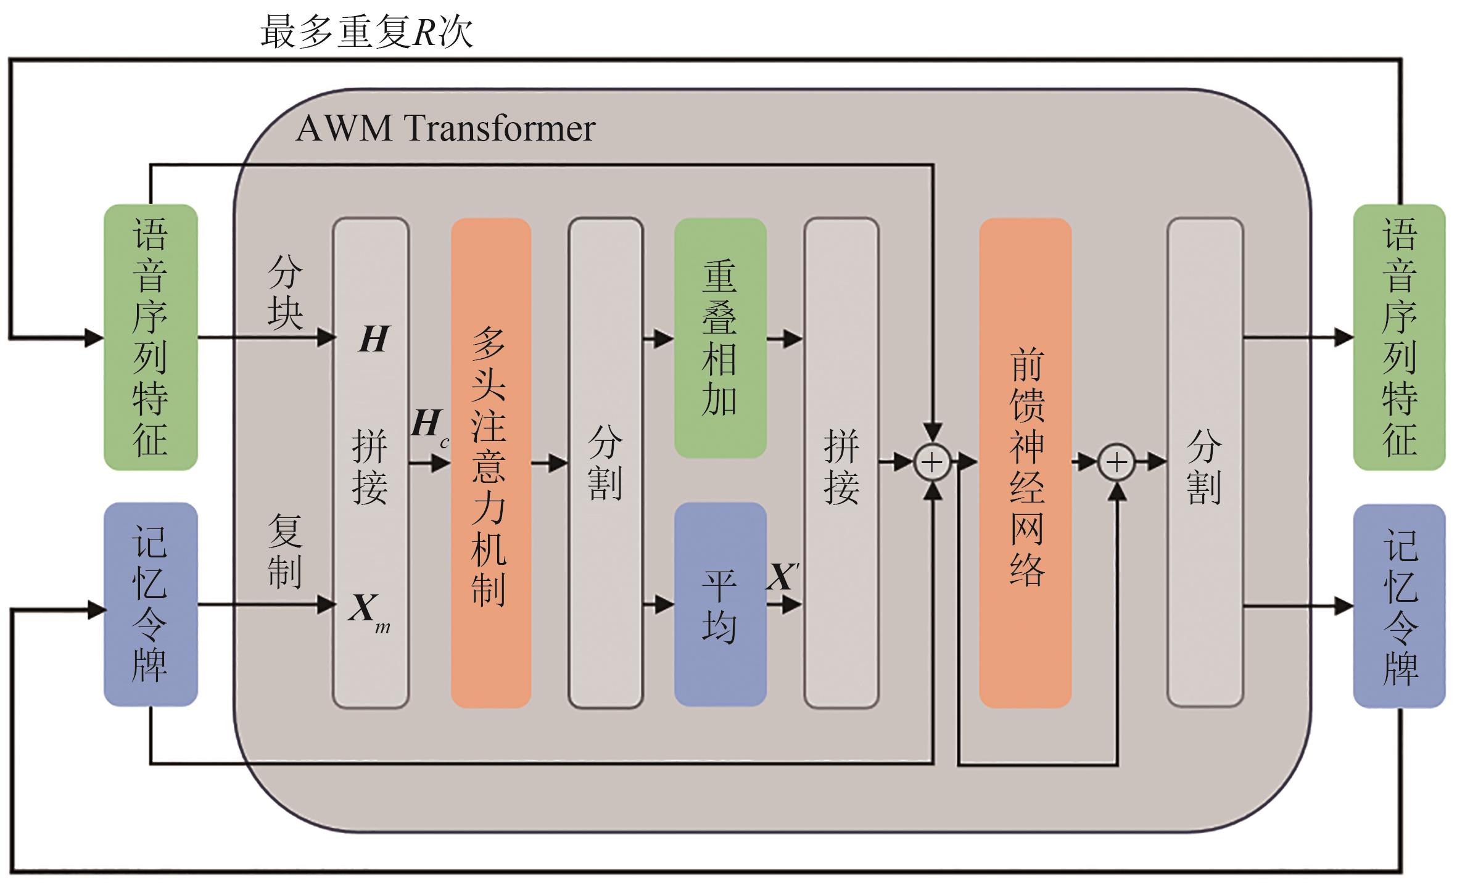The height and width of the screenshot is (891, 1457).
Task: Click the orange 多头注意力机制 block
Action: click(x=490, y=462)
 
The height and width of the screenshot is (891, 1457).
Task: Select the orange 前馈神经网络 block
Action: click(x=1025, y=462)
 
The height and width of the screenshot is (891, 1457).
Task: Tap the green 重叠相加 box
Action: click(x=720, y=338)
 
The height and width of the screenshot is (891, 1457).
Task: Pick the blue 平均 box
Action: click(x=720, y=604)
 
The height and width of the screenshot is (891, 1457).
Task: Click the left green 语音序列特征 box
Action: click(x=151, y=337)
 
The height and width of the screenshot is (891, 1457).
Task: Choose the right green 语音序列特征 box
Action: click(x=1399, y=337)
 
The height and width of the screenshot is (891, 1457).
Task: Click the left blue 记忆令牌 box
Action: click(x=151, y=604)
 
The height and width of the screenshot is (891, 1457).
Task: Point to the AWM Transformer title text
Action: click(x=445, y=129)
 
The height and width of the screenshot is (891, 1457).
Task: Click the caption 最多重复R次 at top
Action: click(x=366, y=32)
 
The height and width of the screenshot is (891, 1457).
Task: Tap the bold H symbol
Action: click(x=374, y=339)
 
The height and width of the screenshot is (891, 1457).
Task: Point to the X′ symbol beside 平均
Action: click(x=782, y=577)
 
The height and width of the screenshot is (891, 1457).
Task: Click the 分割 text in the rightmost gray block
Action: click(x=1204, y=467)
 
